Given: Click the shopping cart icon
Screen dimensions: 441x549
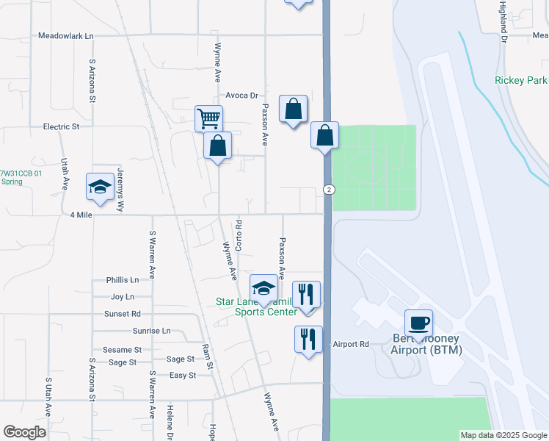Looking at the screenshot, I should point(208,117).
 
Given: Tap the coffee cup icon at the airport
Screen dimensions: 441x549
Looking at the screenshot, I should point(418,323).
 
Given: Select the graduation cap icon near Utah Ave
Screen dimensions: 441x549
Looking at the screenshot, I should point(100,186).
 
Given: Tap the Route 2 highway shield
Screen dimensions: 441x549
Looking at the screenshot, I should point(330,190).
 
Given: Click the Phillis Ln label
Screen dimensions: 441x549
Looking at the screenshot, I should point(122,280).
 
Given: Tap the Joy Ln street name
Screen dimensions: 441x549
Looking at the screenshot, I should point(122,297).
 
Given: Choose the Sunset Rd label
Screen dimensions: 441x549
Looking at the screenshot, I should point(122,313).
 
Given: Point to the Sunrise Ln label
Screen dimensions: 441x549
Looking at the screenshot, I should point(151,331).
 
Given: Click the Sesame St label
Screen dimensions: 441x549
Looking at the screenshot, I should point(122,350).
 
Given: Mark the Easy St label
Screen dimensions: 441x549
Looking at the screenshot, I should point(183,375).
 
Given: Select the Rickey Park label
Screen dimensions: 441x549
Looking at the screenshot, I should point(521,80).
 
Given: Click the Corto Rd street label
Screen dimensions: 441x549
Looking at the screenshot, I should point(238,232).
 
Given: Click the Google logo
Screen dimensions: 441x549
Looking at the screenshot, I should point(24,431).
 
